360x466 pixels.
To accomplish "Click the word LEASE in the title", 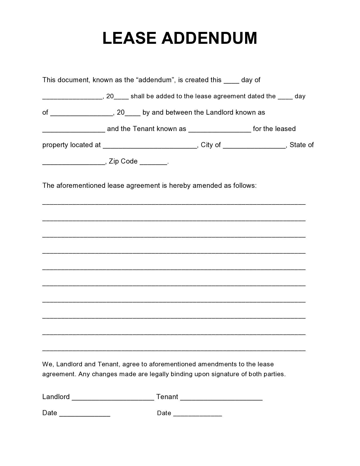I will tap(129, 38).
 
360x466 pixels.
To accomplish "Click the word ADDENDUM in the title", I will tap(209, 38).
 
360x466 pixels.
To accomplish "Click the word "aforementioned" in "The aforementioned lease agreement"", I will tap(81, 186).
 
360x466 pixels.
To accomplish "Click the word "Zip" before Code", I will tap(114, 161).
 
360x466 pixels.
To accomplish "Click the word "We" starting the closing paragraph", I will tap(47, 364).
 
